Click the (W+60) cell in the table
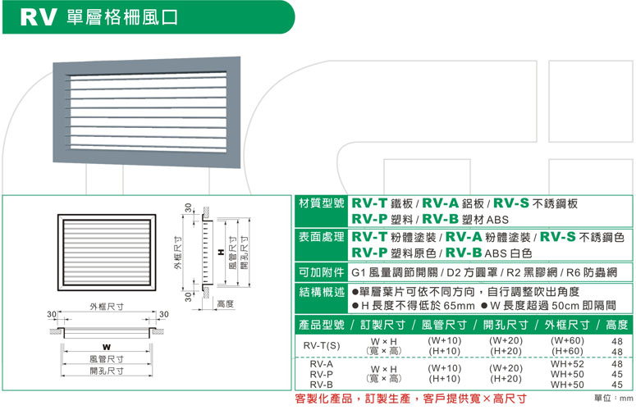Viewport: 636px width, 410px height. pos(567,340)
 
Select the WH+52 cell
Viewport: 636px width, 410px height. pos(567,363)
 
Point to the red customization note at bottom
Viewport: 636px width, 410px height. pos(410,399)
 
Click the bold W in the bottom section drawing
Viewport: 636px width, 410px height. pos(107,347)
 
